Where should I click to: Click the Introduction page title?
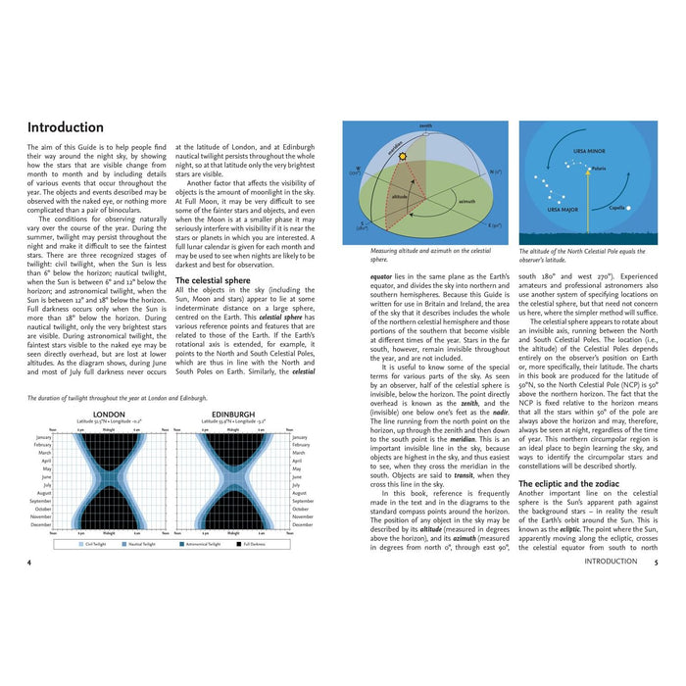pos(65,127)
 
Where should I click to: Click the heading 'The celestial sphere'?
pos(213,279)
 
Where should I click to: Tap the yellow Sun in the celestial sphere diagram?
pos(402,156)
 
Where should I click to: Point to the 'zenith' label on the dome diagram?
pos(425,126)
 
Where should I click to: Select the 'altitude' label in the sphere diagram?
pos(400,196)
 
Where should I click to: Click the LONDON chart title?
pos(108,415)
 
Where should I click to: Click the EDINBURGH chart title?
pos(233,415)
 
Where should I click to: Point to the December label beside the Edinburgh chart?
pos(307,524)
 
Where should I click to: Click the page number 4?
pos(29,563)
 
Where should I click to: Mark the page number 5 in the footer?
pos(657,563)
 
